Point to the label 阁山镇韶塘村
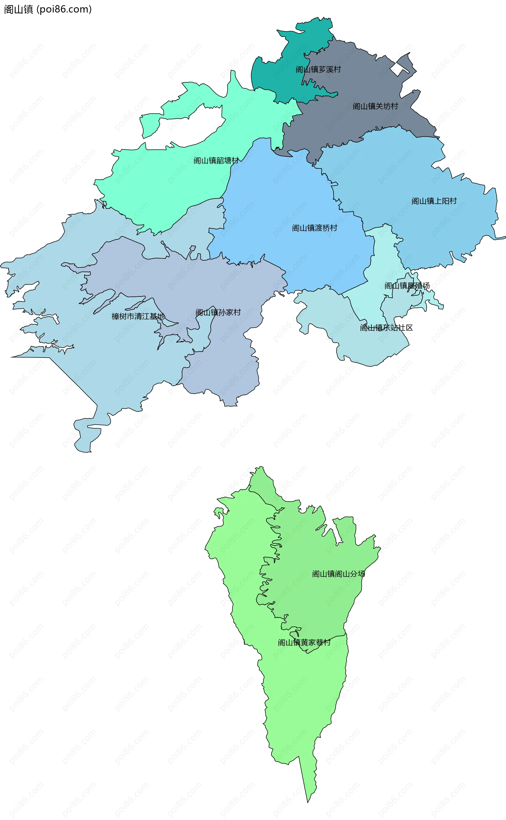[x=216, y=160]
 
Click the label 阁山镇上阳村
[x=434, y=201]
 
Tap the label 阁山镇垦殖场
[x=407, y=286]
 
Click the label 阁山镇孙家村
[x=218, y=313]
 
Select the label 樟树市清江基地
[x=138, y=316]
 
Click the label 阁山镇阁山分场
[x=338, y=574]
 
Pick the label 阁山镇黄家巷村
[x=304, y=642]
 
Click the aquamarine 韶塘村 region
[x=167, y=188]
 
